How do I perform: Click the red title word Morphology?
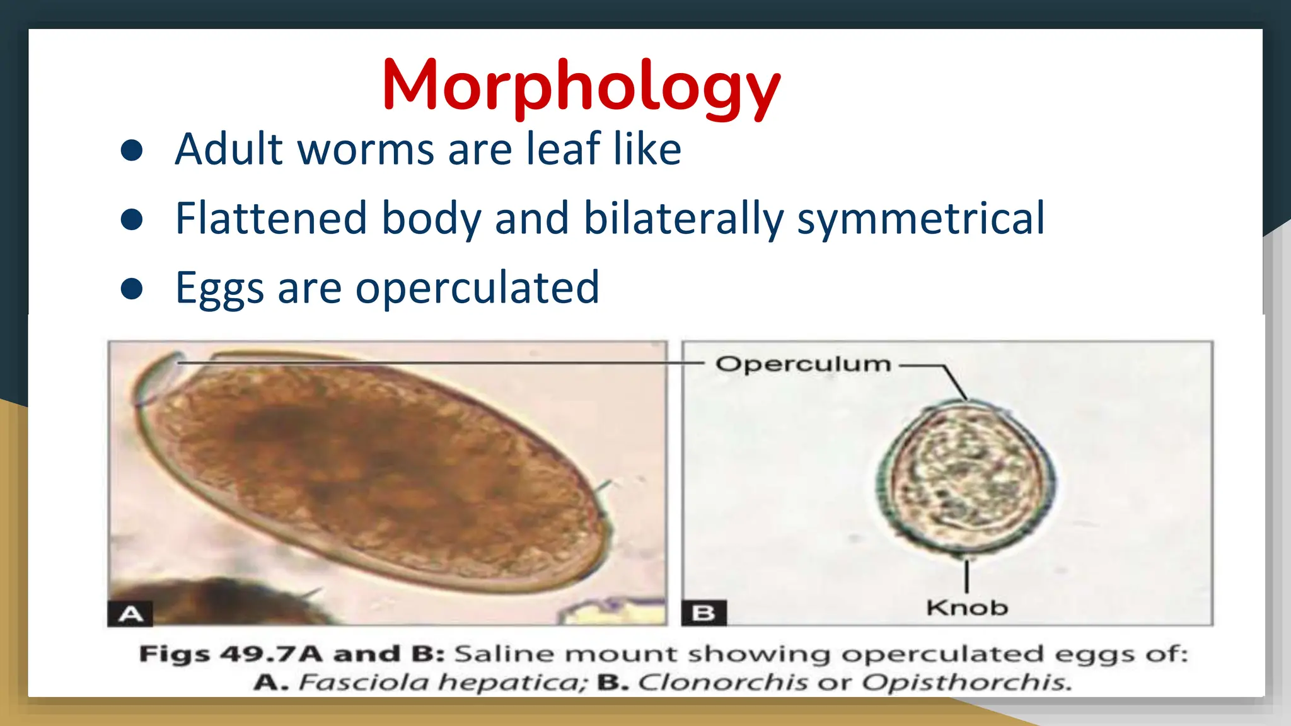pyautogui.click(x=581, y=86)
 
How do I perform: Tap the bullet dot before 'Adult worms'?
pyautogui.click(x=132, y=150)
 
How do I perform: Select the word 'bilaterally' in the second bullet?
pyautogui.click(x=683, y=218)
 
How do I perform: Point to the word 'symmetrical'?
pyautogui.click(x=920, y=218)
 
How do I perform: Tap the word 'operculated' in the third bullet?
pyautogui.click(x=477, y=288)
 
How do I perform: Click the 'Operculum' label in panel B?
pyautogui.click(x=803, y=364)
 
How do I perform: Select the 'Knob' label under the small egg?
pyautogui.click(x=966, y=608)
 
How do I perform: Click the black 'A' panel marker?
pyautogui.click(x=130, y=613)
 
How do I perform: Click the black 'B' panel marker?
pyautogui.click(x=703, y=613)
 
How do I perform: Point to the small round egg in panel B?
pyautogui.click(x=965, y=479)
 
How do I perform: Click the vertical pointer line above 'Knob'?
pyautogui.click(x=966, y=576)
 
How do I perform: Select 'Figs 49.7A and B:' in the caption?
pyautogui.click(x=292, y=654)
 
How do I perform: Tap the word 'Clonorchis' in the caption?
pyautogui.click(x=722, y=683)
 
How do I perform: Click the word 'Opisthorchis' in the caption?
pyautogui.click(x=966, y=683)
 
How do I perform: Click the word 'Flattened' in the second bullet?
pyautogui.click(x=270, y=218)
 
